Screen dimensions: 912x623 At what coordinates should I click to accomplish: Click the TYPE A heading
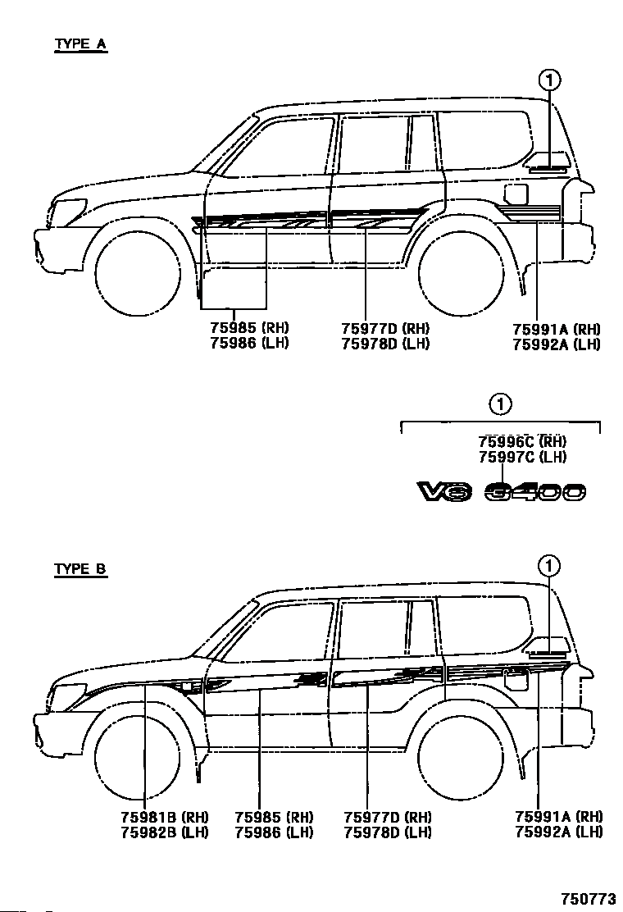click(80, 44)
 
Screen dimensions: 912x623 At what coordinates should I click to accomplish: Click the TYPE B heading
click(80, 568)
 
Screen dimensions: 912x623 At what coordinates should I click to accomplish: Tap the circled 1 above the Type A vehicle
click(549, 80)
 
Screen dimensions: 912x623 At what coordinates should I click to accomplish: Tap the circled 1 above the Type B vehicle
click(549, 565)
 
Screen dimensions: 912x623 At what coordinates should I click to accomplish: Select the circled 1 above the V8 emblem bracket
click(501, 404)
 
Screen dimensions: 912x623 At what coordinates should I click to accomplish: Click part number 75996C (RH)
click(522, 442)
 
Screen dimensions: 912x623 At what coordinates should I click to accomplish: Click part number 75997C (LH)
click(522, 457)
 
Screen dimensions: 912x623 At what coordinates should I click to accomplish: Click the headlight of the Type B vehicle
click(70, 692)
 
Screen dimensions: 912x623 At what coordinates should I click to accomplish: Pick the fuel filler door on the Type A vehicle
click(516, 194)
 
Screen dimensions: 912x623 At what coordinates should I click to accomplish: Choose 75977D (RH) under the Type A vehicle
click(385, 329)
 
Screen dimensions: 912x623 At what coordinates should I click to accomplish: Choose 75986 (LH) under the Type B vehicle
click(274, 832)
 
